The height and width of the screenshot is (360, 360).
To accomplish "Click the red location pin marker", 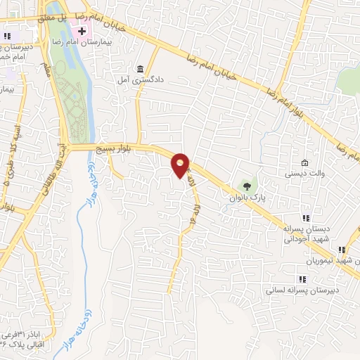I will [181, 165].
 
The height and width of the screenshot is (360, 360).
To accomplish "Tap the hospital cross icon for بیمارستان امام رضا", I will [82, 32].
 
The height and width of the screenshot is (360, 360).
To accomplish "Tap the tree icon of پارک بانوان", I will [245, 186].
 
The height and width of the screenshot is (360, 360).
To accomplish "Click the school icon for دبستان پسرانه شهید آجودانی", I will [305, 218].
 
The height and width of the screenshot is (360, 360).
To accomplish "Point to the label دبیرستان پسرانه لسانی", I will [303, 289].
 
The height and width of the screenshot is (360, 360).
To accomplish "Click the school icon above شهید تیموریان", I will [342, 250].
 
